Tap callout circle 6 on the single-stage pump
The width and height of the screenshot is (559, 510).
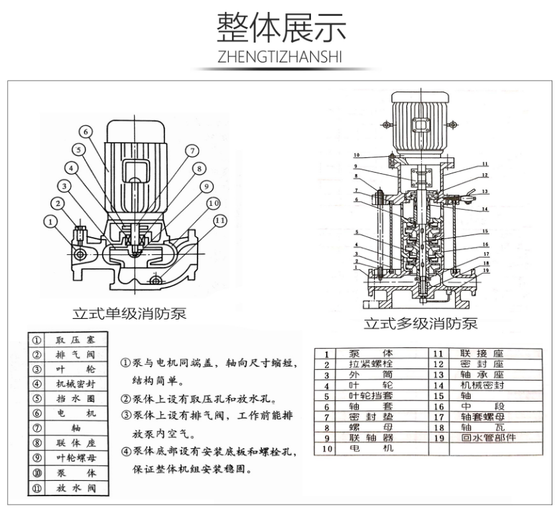[88, 131]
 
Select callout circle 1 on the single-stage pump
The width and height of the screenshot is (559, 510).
[50, 220]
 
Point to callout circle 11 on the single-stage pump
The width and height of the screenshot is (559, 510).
[219, 220]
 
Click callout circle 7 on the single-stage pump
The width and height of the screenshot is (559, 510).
[190, 150]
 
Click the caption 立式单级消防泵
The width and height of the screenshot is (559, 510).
[129, 313]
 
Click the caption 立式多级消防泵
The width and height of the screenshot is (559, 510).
[420, 323]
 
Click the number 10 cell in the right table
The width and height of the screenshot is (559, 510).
[327, 450]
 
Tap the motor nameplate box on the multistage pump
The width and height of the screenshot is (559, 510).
[420, 124]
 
